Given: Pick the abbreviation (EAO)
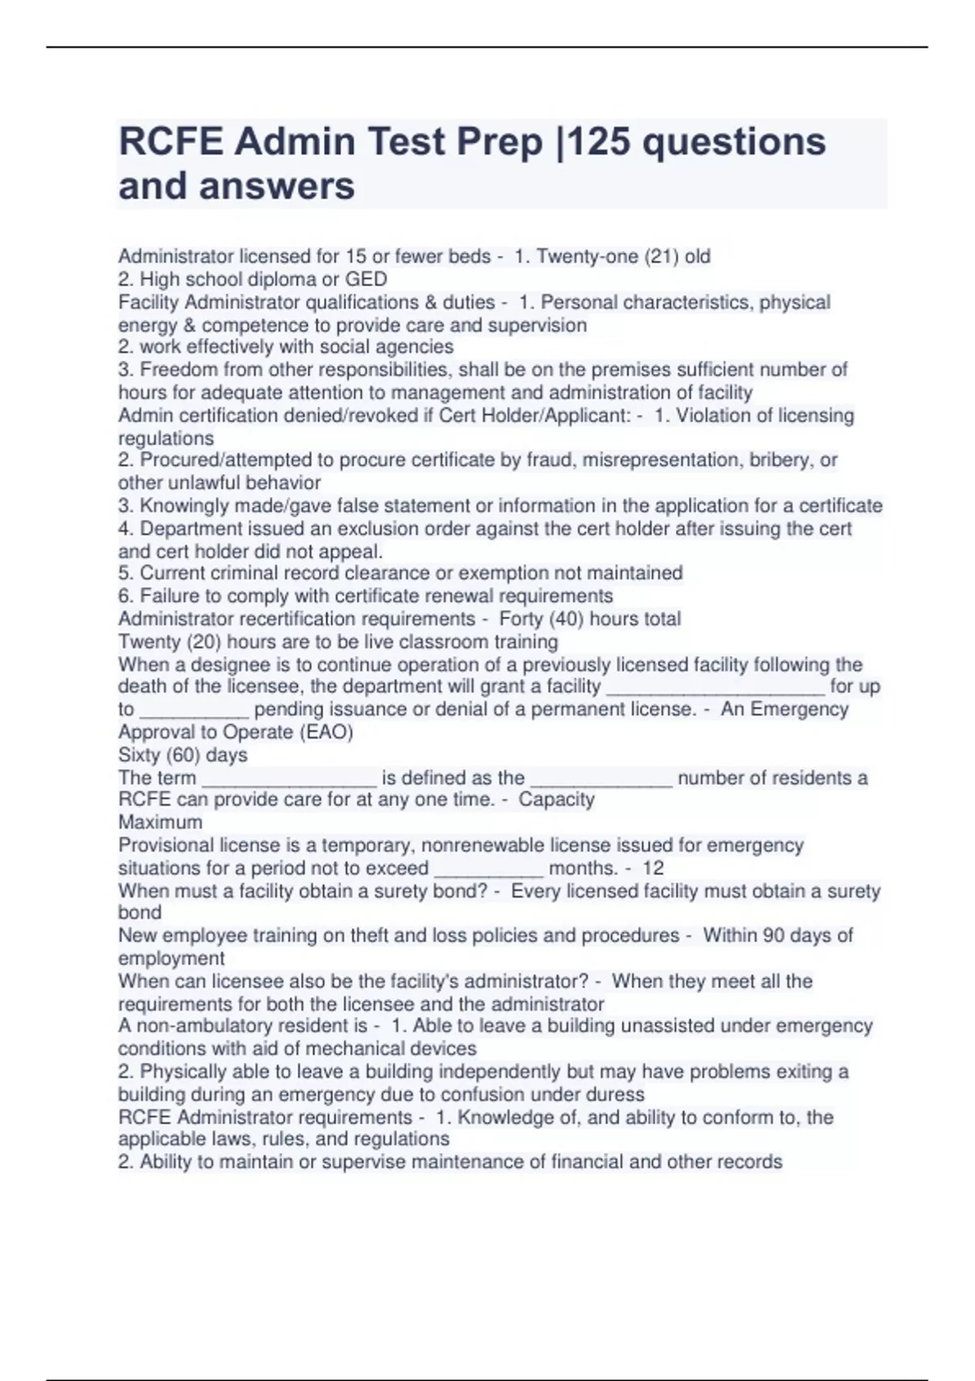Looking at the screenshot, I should pyautogui.click(x=326, y=733).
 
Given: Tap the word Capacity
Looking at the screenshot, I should pyautogui.click(x=557, y=799).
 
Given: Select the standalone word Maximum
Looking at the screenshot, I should pyautogui.click(x=160, y=822).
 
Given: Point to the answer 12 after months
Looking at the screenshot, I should pyautogui.click(x=653, y=868).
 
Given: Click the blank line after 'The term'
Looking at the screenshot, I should pyautogui.click(x=289, y=778).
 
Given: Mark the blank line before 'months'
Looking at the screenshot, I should pyautogui.click(x=488, y=868).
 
